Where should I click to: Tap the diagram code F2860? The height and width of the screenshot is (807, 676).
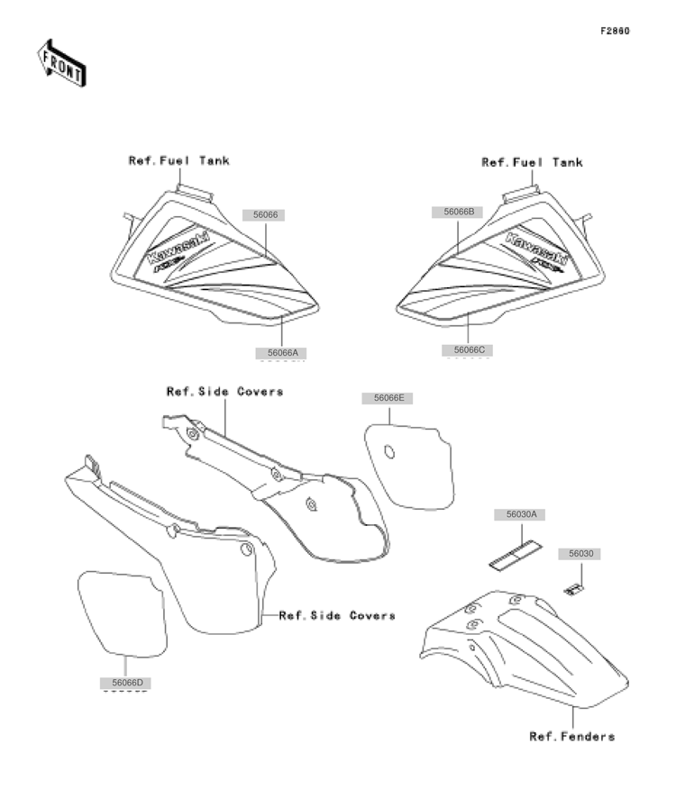coord(615,31)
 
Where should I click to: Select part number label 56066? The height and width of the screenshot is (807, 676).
coord(264,214)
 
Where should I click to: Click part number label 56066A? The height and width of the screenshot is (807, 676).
coord(281,352)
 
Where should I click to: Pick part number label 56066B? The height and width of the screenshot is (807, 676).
coord(458,212)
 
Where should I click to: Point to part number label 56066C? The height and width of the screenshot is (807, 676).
coord(468,350)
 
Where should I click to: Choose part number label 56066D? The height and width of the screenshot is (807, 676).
coord(125,683)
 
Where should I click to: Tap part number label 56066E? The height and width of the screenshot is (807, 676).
coord(388,398)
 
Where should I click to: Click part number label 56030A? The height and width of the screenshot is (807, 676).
coord(520,514)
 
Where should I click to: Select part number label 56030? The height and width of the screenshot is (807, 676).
coord(580,554)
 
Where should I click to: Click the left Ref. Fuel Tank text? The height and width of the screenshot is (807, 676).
coord(178,160)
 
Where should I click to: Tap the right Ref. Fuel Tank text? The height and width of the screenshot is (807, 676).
coord(533,163)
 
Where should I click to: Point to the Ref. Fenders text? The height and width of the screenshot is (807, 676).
coord(572,737)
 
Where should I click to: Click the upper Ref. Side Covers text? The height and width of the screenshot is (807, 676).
coord(225,392)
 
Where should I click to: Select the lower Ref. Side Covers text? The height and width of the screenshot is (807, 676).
coord(337,615)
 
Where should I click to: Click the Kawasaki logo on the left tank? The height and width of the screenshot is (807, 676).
coord(178,247)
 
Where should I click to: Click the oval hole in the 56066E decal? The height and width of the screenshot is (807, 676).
coord(389,452)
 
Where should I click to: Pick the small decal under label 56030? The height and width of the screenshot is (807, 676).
coord(573,590)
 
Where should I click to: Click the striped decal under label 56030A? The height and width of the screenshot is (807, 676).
coord(516,555)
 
